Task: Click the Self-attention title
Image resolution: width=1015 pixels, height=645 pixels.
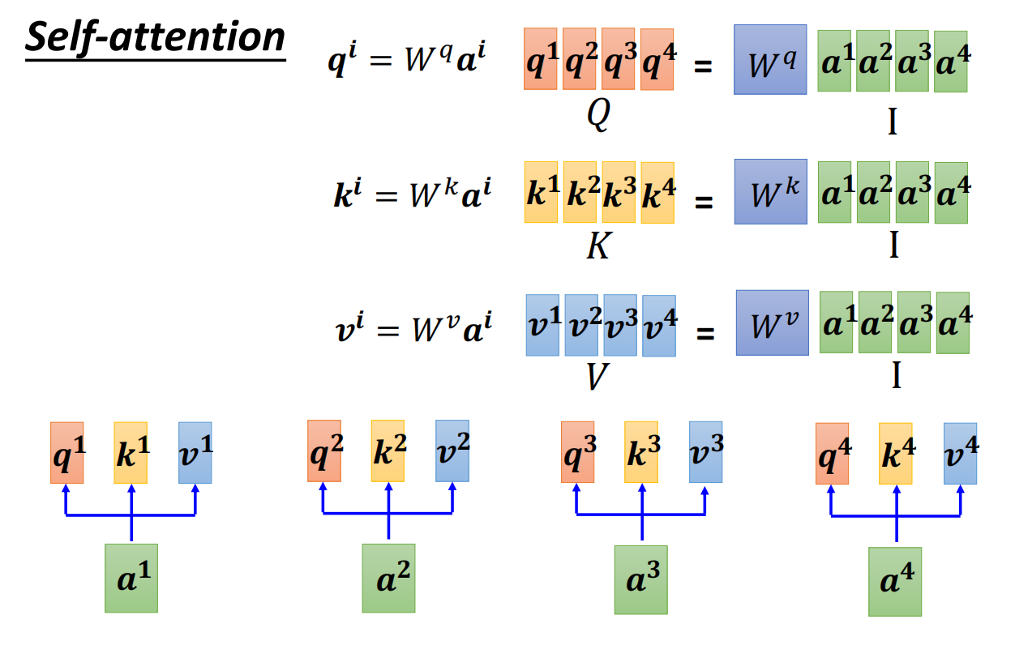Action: coord(155,38)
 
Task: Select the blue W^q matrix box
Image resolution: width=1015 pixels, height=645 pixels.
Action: coord(769,61)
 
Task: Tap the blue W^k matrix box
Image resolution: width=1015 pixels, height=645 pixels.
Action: coord(770,191)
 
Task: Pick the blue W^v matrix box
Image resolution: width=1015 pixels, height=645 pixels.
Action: coord(772,322)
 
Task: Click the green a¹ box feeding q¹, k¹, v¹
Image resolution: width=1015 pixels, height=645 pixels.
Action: coord(131,578)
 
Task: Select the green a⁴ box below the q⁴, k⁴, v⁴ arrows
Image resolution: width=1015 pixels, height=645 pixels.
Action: coord(895,581)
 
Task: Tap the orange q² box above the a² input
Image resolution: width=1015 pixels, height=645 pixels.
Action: coord(323,451)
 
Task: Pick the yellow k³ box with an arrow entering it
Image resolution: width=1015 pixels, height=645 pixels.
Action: coord(640,452)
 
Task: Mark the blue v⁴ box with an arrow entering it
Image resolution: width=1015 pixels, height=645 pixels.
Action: coord(960,453)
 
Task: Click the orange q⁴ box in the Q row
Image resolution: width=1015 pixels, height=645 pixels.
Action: coord(657,59)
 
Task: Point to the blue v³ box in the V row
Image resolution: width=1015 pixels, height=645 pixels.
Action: coord(619,325)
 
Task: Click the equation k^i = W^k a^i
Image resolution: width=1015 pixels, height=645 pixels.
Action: coord(411,197)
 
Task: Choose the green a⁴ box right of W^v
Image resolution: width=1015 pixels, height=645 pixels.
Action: coord(953,323)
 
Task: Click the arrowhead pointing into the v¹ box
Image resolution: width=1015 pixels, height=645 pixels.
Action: coord(195,489)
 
